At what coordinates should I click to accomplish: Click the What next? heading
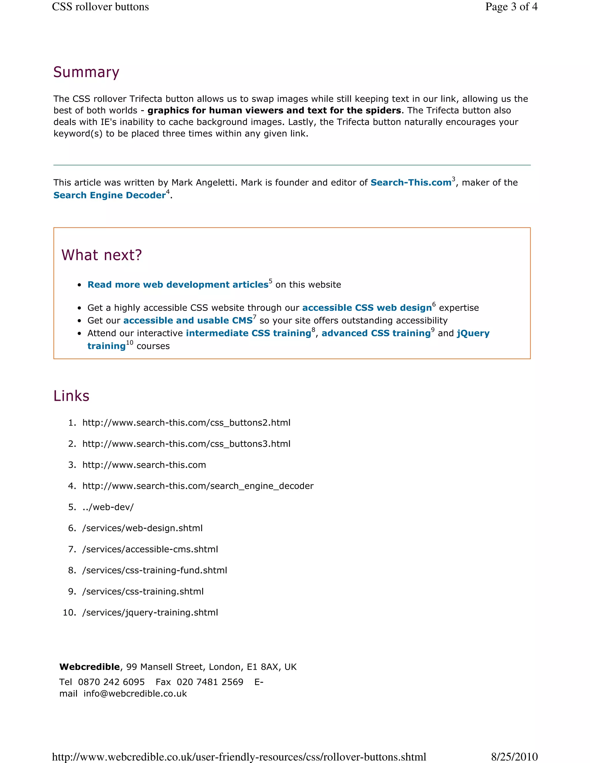101,255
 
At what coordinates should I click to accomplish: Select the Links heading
71,396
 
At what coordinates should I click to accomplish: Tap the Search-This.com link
411,183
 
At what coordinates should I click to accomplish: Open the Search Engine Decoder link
109,195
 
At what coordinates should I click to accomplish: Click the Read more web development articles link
177,285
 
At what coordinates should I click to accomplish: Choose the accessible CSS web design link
367,308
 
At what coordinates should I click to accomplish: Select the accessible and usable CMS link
188,321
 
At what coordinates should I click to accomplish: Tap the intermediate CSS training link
248,333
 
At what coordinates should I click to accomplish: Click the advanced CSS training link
376,333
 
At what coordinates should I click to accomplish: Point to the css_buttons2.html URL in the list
186,423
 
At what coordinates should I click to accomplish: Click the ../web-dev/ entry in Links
108,507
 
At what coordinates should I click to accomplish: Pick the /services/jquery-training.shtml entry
150,612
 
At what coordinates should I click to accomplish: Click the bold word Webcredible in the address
90,667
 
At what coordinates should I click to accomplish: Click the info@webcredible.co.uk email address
135,694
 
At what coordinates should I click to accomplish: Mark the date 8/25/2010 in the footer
514,757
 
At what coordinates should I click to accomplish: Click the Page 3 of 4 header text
511,7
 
